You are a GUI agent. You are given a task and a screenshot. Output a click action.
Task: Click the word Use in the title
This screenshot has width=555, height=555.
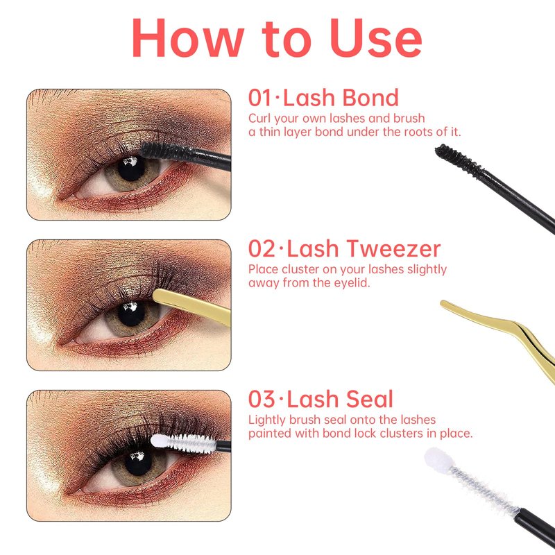coord(376,37)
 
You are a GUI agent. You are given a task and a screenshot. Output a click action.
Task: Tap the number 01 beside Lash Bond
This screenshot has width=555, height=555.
coord(259,98)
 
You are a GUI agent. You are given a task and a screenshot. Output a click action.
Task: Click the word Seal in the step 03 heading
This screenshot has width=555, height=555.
coord(370,400)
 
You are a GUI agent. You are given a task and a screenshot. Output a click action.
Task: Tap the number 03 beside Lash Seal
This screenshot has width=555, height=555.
coord(262,400)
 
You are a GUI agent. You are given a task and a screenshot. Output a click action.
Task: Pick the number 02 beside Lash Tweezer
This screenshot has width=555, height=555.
coord(262,249)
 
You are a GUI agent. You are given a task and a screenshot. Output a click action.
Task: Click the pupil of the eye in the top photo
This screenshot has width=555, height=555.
coord(130,169)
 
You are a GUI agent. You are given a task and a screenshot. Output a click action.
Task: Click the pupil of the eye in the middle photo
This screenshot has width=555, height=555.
coord(131,314)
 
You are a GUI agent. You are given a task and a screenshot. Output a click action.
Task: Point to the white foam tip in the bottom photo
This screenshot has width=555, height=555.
coord(159,441)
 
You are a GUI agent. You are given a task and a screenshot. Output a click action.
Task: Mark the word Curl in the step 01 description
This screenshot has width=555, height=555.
coord(259,118)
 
